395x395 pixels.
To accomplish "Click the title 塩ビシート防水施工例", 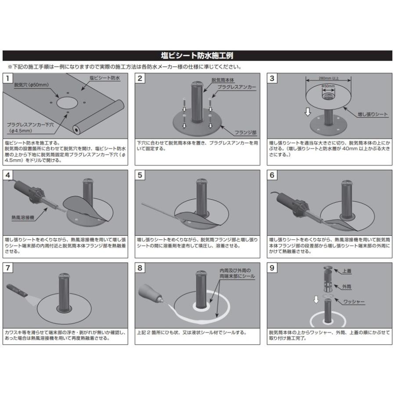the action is (197, 56).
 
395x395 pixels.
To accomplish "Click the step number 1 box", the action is (8, 79).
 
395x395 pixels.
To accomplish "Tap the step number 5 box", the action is (140, 175).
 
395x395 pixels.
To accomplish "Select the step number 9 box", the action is (272, 268).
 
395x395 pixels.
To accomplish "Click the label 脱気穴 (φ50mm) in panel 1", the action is (32, 85).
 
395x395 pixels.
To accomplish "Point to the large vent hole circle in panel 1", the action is (68, 103).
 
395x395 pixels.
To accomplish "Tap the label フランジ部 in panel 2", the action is (246, 133).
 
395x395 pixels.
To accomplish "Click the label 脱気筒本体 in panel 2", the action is (223, 80).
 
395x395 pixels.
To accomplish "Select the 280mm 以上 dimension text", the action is (328, 78).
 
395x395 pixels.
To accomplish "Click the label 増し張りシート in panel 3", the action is (373, 115).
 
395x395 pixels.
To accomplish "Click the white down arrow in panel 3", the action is (308, 111).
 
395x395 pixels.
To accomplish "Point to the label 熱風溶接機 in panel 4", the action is (23, 217).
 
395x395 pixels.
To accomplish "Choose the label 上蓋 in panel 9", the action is (347, 271).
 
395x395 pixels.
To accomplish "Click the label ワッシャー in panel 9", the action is (354, 302).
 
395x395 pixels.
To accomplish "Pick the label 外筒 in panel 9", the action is (347, 287).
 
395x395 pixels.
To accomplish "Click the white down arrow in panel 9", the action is (316, 299).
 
